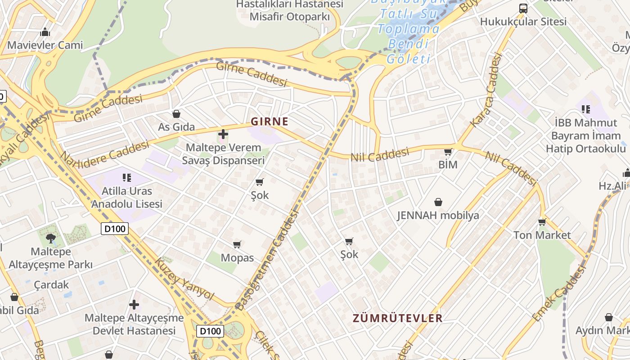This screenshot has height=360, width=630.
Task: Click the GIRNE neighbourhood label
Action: click(269, 121)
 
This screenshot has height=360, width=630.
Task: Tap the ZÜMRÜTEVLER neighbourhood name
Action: click(398, 319)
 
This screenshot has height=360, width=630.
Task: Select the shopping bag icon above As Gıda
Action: click(176, 114)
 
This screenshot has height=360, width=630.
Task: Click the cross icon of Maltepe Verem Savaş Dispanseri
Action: click(223, 134)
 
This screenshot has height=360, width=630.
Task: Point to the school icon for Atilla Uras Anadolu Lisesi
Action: click(126, 177)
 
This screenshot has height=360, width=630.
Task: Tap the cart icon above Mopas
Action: click(237, 244)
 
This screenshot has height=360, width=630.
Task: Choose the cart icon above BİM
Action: click(448, 152)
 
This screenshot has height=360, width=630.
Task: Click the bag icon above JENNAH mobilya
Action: click(438, 202)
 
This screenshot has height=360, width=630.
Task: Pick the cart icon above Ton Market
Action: click(542, 222)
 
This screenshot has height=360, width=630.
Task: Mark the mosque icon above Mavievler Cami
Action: click(45, 32)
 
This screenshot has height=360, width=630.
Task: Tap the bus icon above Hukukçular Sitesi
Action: click(523, 8)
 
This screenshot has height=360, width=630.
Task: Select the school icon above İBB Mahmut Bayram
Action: click(585, 109)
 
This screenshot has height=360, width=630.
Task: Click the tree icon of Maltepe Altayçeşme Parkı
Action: click(50, 238)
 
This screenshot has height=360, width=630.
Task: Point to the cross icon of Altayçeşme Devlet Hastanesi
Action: click(134, 305)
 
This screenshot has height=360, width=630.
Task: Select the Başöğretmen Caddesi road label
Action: click(268, 260)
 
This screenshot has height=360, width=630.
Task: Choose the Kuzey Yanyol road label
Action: click(184, 279)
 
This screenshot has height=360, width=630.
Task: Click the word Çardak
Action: click(52, 285)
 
